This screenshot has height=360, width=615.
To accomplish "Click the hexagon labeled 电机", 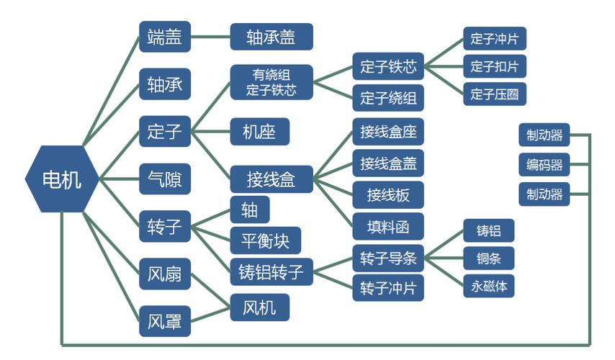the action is (62, 179).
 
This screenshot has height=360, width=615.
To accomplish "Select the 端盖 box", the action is (165, 37).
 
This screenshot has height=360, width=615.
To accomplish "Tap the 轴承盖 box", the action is (271, 37).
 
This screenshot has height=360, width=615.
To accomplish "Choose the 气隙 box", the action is (165, 179).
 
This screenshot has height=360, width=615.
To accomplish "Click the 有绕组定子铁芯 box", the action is (271, 82).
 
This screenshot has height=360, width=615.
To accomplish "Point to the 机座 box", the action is (260, 132).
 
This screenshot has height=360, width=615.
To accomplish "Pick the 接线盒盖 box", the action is (388, 163).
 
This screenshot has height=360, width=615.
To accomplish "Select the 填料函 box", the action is (388, 227).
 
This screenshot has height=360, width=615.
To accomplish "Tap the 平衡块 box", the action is (266, 240).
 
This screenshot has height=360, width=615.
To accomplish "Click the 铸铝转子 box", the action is (271, 271).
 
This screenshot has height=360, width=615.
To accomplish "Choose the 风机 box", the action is (260, 307).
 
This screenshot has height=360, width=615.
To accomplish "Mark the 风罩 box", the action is (165, 322).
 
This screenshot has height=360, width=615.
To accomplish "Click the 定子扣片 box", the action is (495, 67).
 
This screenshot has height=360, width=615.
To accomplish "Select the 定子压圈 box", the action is (495, 94).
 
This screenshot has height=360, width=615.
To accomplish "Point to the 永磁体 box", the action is (489, 287).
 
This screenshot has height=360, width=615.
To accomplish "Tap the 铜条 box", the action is (489, 258).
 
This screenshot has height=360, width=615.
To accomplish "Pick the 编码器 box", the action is (544, 165).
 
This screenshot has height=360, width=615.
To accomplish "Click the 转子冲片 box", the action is (388, 288).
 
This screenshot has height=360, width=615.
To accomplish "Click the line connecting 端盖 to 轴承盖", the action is (210, 37).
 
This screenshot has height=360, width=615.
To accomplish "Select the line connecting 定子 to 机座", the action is (210, 131).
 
